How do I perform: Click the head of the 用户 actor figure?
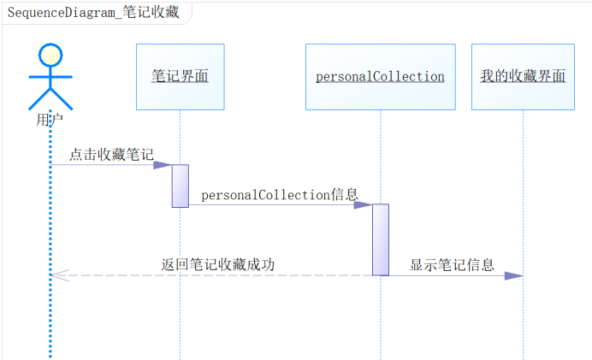(50, 55)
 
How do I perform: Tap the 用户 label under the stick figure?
(50, 120)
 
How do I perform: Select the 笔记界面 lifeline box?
(180, 77)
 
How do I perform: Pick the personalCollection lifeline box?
(380, 77)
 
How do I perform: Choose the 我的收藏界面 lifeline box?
(523, 77)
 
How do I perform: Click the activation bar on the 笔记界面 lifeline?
(180, 186)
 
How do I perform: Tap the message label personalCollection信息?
(280, 195)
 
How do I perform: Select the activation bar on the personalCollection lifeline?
(381, 239)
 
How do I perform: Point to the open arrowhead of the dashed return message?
(54, 275)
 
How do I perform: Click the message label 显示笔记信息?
(452, 265)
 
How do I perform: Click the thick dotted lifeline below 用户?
(50, 316)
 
